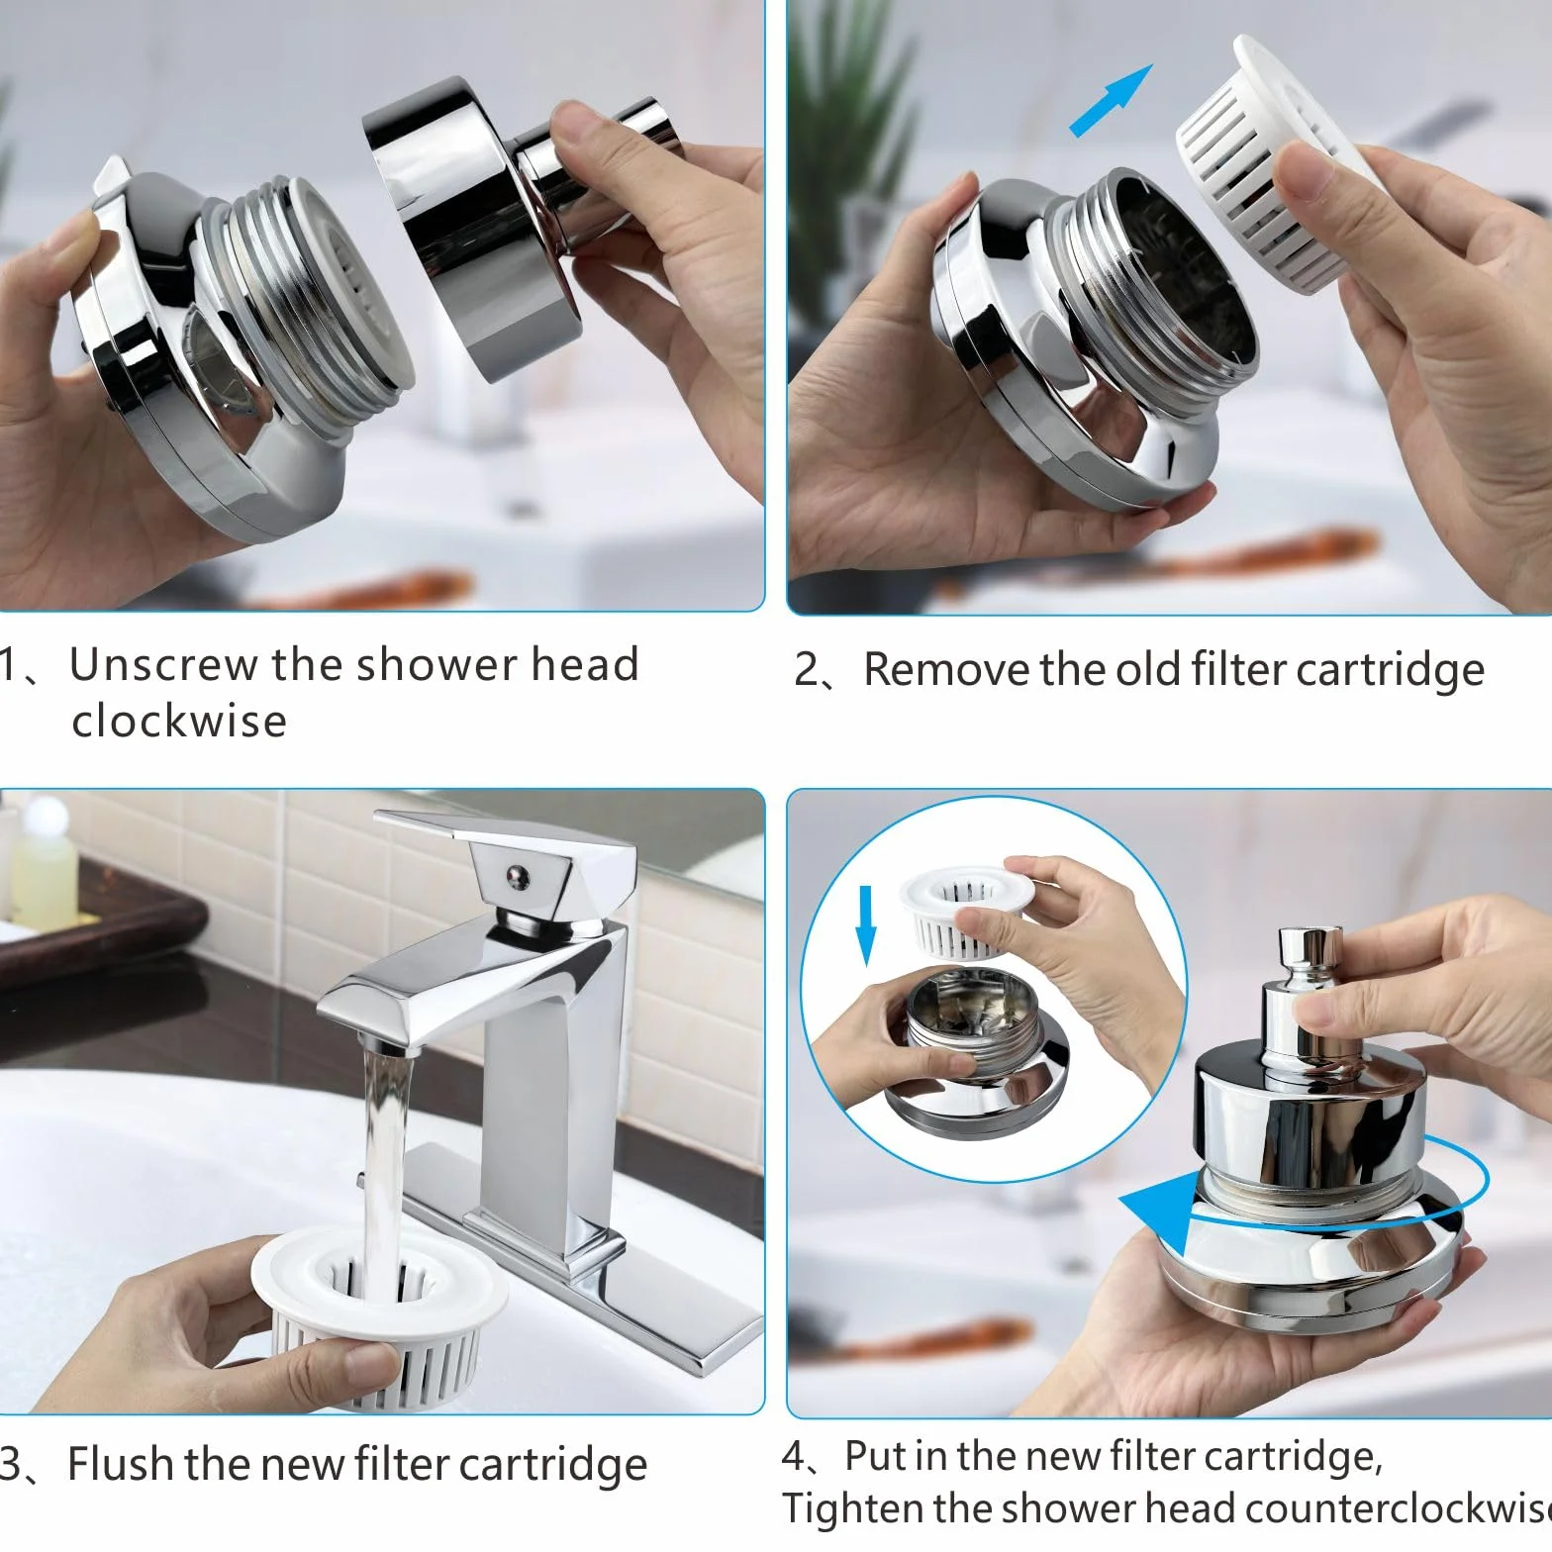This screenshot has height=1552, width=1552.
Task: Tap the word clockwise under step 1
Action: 179,721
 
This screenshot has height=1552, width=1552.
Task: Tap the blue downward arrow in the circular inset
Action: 866,923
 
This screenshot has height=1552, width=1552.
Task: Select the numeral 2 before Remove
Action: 807,670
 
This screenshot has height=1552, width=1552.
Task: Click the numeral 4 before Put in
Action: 795,1456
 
